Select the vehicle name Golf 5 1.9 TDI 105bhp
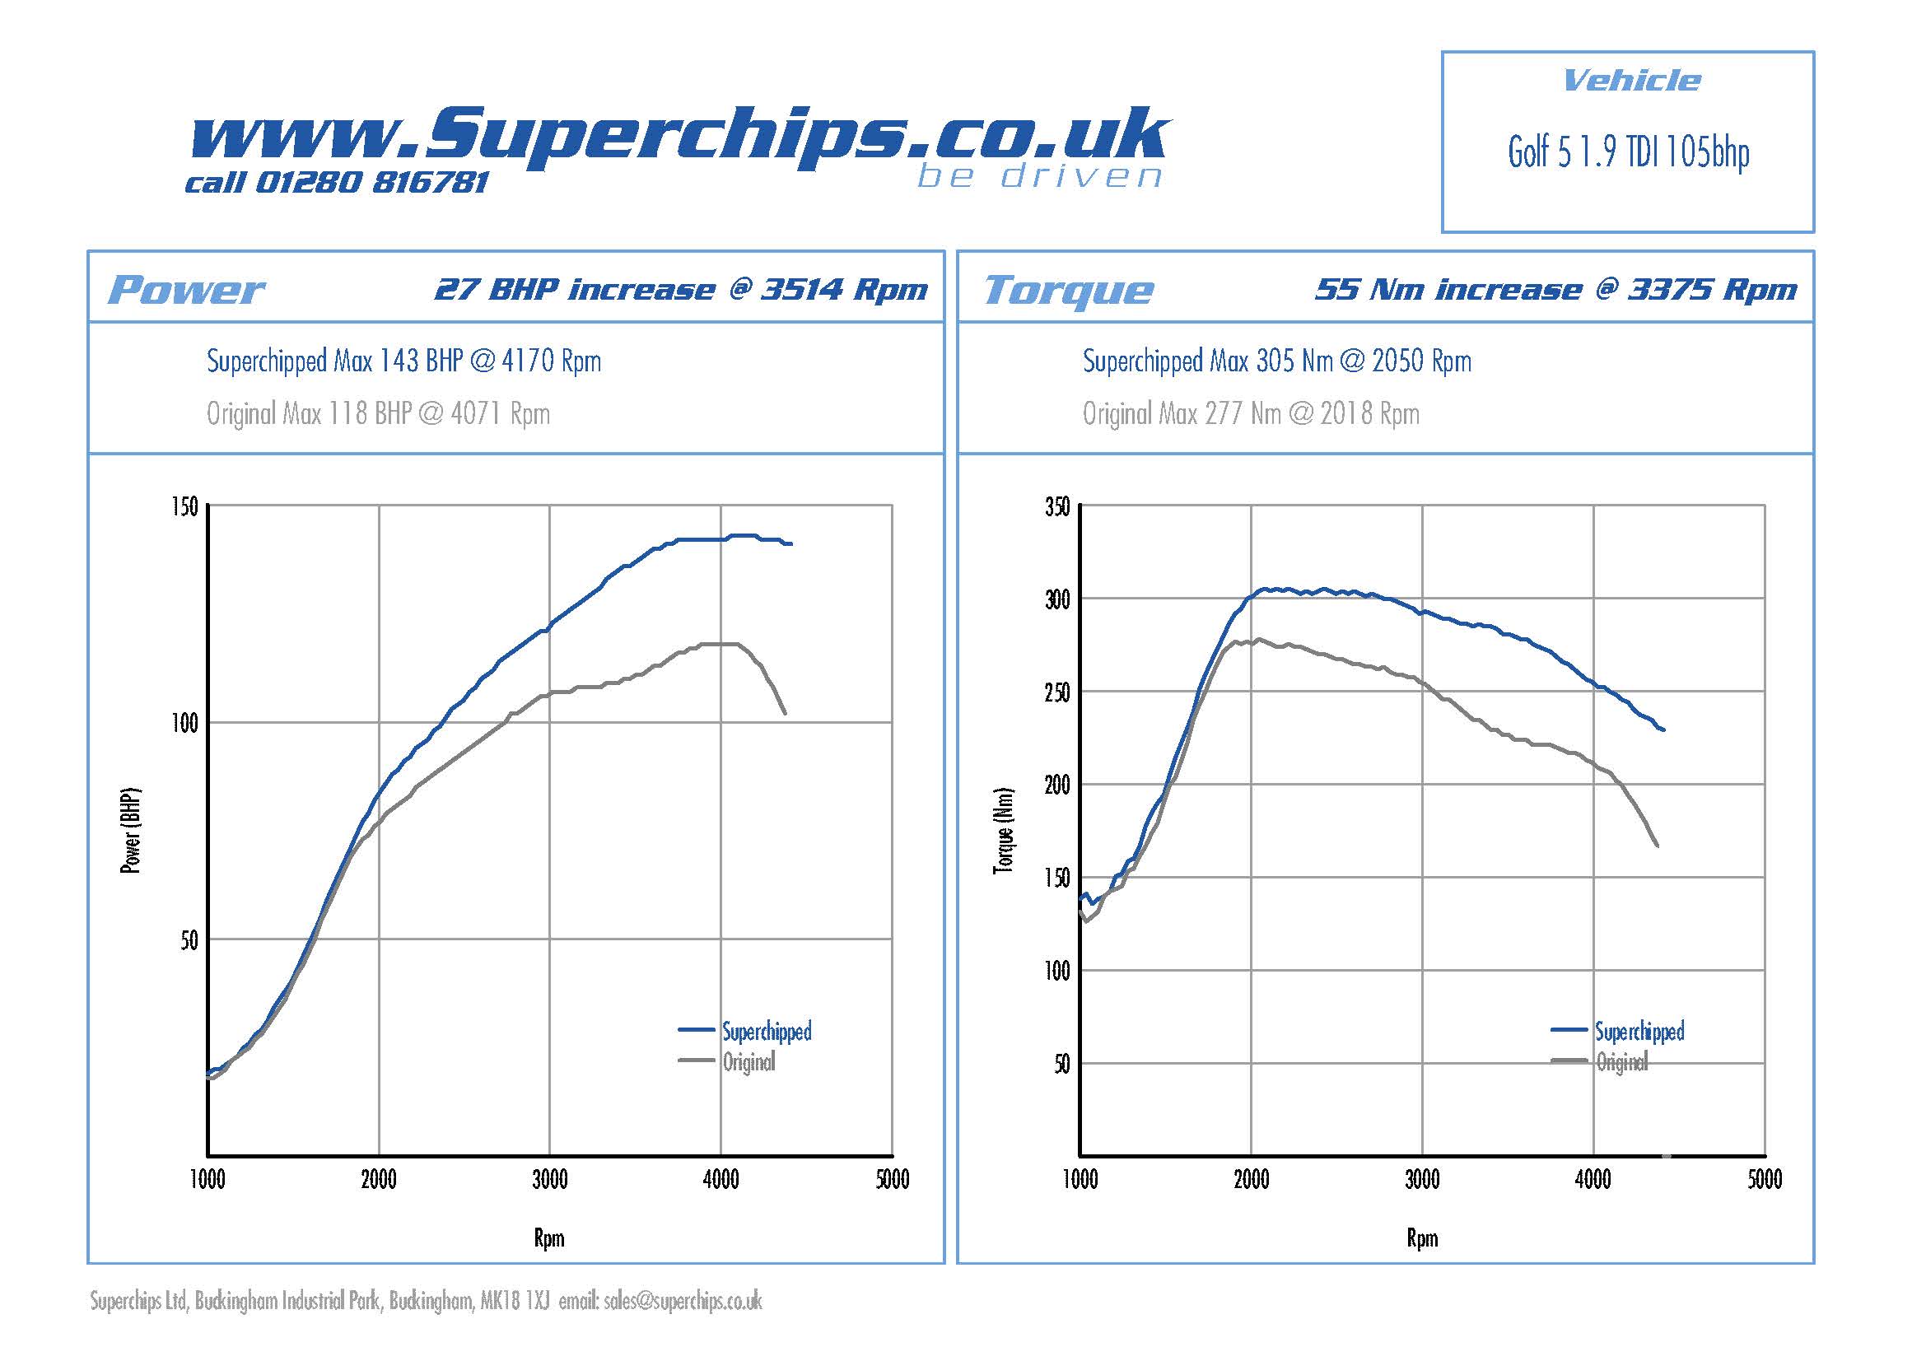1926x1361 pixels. pyautogui.click(x=1628, y=153)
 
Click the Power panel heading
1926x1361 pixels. pyautogui.click(x=186, y=290)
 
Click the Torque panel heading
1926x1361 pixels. pyautogui.click(x=1068, y=290)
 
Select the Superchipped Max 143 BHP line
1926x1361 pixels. pyautogui.click(x=403, y=361)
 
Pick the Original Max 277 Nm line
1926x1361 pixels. pyautogui.click(x=1250, y=413)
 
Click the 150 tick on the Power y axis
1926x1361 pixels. pyautogui.click(x=185, y=506)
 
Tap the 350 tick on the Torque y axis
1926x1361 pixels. pyautogui.click(x=1057, y=506)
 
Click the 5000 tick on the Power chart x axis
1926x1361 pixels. pyautogui.click(x=892, y=1180)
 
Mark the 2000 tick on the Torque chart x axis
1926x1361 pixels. pyautogui.click(x=1251, y=1180)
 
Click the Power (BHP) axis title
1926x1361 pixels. pyautogui.click(x=131, y=830)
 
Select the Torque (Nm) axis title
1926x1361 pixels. pyautogui.click(x=1003, y=830)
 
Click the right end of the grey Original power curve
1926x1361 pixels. pyautogui.click(x=785, y=713)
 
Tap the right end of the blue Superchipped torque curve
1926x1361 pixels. pyautogui.click(x=1663, y=729)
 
